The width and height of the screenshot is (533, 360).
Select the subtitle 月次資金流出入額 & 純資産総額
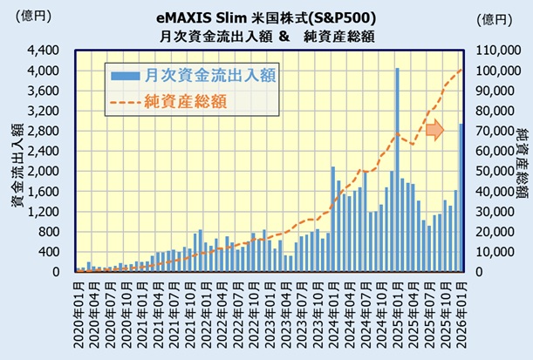[x=266, y=36]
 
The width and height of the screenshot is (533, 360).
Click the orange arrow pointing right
[x=435, y=131]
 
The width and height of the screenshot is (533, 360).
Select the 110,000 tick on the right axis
[x=498, y=50]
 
